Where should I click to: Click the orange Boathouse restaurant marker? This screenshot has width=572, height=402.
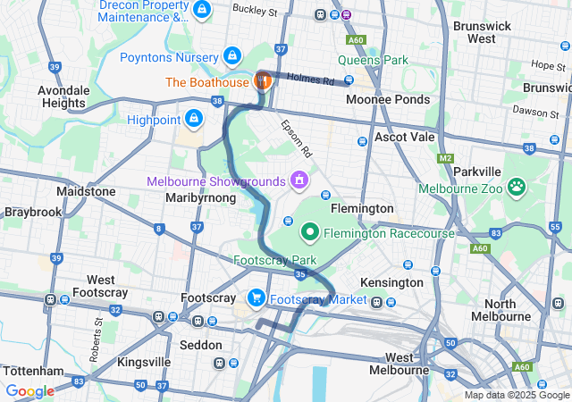pos(264,80)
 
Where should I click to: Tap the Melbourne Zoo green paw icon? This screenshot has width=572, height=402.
pos(517,187)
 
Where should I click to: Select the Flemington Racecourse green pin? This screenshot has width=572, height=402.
pos(311,232)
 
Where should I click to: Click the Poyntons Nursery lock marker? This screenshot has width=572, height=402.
pos(232,56)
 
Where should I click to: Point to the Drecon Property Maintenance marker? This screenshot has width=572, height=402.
pos(203,11)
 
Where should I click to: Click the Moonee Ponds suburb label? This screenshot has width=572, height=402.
pos(387,98)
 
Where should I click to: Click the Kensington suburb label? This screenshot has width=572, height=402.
pos(391,282)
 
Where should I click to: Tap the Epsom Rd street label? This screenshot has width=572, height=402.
pos(295,135)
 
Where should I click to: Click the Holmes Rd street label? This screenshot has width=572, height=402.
pos(318,79)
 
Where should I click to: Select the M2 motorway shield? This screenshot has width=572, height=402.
pos(447,158)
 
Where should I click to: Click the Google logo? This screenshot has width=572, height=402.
pos(30,391)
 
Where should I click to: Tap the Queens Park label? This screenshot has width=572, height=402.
pos(372,61)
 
